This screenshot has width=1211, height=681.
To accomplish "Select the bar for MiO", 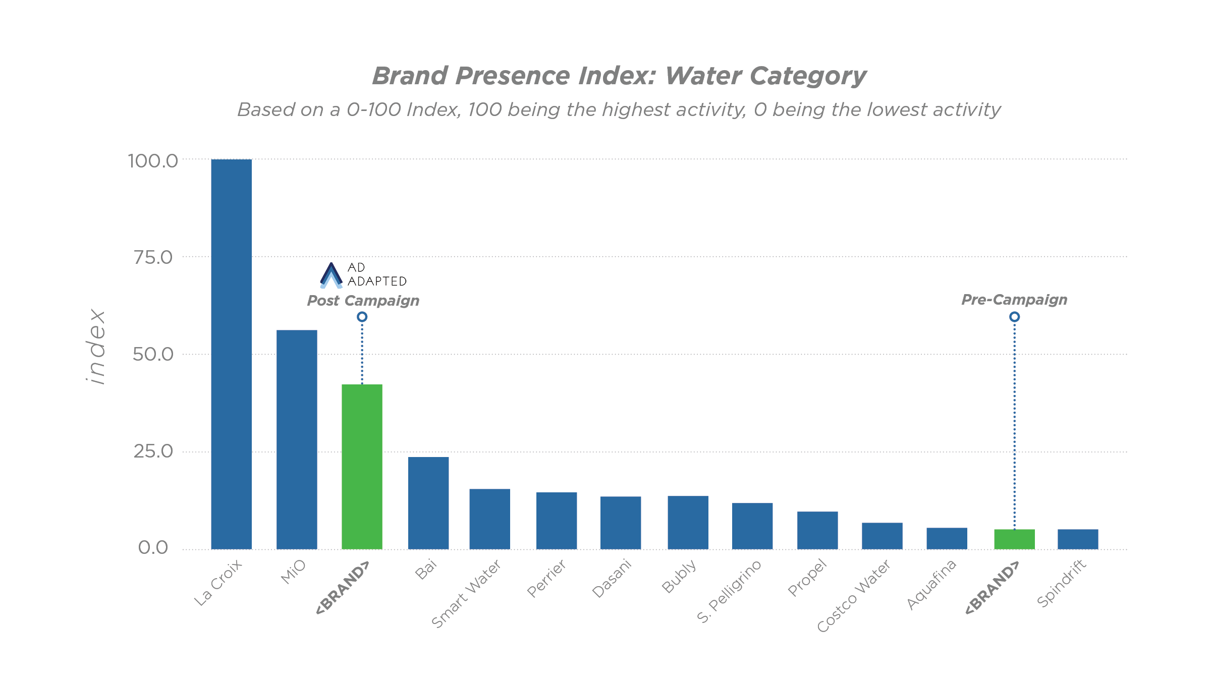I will (x=297, y=439).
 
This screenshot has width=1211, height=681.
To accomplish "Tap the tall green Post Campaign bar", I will (x=362, y=467).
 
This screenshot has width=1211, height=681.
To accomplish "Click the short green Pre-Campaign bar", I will (x=1014, y=539).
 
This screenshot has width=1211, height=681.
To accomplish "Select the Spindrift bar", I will (x=1078, y=539).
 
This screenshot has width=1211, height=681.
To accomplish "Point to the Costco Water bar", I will (x=882, y=536).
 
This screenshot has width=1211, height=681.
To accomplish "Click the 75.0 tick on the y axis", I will (x=153, y=257).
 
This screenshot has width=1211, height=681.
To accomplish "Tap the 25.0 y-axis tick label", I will (x=153, y=451).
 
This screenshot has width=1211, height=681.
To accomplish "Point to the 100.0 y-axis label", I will (x=153, y=161).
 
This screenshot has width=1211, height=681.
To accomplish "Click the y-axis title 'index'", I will (x=95, y=347).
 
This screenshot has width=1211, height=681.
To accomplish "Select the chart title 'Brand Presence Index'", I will (x=619, y=76).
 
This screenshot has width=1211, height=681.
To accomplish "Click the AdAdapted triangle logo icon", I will (x=331, y=275).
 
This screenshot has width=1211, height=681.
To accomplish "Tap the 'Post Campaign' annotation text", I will (x=363, y=301).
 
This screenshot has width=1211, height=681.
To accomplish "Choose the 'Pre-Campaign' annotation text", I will (x=1014, y=300).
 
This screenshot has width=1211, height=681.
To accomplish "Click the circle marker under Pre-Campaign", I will (x=1014, y=317).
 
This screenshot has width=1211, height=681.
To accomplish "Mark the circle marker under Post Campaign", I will (x=362, y=317).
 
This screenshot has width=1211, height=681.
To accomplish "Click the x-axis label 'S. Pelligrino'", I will (x=729, y=591).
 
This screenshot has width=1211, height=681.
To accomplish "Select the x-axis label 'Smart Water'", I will (x=466, y=594).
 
